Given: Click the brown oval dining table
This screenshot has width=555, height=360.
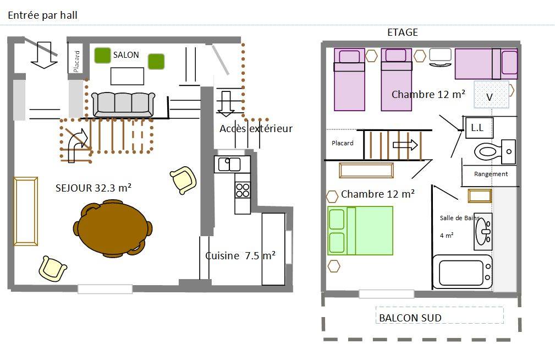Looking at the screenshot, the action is pyautogui.click(x=113, y=228).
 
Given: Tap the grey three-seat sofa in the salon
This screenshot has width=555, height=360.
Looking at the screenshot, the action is pyautogui.click(x=123, y=105).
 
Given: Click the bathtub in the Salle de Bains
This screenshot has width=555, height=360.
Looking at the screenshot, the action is pyautogui.click(x=463, y=272).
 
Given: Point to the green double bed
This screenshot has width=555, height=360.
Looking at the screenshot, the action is pyautogui.click(x=360, y=231).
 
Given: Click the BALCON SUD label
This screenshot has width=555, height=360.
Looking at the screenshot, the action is pyautogui.click(x=410, y=318).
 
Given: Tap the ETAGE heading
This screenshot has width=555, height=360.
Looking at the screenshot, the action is pyautogui.click(x=403, y=32).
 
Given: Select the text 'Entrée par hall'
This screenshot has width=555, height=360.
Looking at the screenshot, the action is pyautogui.click(x=42, y=15).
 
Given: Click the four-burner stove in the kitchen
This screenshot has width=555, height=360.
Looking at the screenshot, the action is pyautogui.click(x=243, y=190).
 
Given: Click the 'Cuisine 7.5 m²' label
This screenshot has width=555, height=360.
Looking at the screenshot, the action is pyautogui.click(x=240, y=255).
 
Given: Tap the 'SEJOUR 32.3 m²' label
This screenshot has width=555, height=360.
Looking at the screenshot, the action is pyautogui.click(x=94, y=188).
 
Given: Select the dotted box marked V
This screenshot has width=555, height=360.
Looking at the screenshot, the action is pyautogui.click(x=491, y=95).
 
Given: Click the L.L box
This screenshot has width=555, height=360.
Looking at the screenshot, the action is pyautogui.click(x=478, y=128).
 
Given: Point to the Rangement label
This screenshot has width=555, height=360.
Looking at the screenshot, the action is pyautogui.click(x=491, y=174).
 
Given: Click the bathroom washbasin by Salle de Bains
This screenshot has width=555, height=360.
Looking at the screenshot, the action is pyautogui.click(x=483, y=231).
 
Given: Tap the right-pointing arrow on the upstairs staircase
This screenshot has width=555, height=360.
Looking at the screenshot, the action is pyautogui.click(x=405, y=145).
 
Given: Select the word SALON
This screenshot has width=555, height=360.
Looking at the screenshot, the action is pyautogui.click(x=126, y=55).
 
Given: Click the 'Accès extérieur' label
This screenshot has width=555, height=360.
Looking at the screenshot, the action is pyautogui.click(x=256, y=128).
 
